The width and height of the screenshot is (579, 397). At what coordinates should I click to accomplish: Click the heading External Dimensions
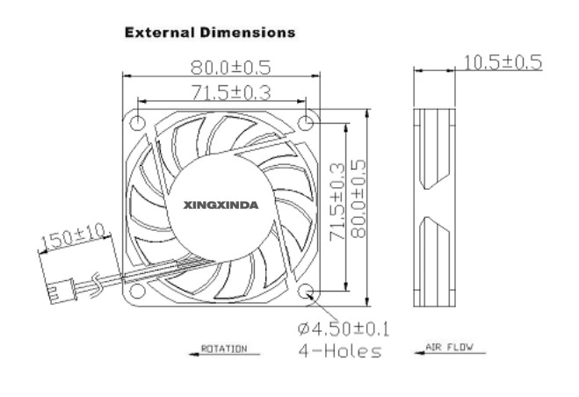[210, 32]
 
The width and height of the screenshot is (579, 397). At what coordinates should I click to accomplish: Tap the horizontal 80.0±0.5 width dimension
[231, 68]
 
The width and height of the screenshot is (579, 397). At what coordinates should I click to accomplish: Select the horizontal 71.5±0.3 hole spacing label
[231, 92]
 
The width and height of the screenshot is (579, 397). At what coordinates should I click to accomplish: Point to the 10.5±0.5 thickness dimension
[503, 62]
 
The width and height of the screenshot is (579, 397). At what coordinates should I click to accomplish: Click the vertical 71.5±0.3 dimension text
[337, 202]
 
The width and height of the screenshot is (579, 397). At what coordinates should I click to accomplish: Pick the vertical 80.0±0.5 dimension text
[358, 198]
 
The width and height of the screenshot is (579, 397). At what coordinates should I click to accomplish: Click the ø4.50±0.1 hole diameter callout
[344, 328]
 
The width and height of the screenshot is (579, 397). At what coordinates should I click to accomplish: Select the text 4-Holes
[340, 350]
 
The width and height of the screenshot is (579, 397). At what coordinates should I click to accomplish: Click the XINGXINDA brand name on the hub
[221, 205]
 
